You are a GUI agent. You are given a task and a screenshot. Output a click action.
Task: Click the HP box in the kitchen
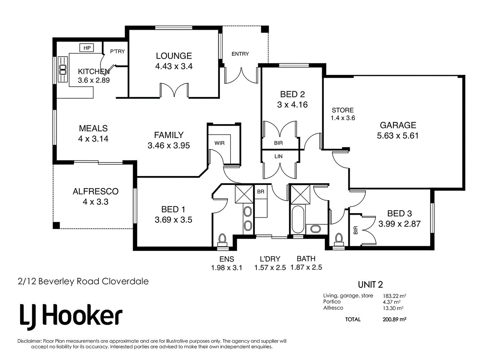(87, 48)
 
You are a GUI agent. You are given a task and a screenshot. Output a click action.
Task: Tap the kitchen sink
(63, 69)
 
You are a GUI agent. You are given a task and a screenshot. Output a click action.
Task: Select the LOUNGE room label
(173, 56)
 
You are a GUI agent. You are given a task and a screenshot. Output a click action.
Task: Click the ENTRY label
(240, 54)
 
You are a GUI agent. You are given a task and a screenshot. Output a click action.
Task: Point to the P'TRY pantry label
(117, 51)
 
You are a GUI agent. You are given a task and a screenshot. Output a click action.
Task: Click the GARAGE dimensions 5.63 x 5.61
(397, 136)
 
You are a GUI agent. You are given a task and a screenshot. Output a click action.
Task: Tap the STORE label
(342, 110)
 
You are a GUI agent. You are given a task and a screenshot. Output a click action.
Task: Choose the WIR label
(219, 143)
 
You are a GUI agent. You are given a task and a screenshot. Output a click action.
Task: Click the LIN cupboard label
(278, 157)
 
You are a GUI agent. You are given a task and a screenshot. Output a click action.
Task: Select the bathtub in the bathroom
(297, 219)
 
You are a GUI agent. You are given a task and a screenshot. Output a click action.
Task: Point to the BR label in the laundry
(261, 192)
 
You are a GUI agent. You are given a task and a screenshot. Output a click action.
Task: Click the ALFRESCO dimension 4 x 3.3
(95, 202)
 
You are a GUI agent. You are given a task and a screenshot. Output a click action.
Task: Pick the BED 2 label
(292, 94)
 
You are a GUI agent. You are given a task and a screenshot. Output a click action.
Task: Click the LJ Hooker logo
(71, 315)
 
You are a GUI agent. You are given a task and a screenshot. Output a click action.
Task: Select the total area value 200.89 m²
(394, 320)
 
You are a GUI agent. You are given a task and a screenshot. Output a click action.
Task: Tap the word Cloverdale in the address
(125, 281)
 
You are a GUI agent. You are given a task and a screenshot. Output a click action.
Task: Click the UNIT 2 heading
(370, 285)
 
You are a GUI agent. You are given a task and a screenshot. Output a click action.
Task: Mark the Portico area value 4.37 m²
(392, 302)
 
